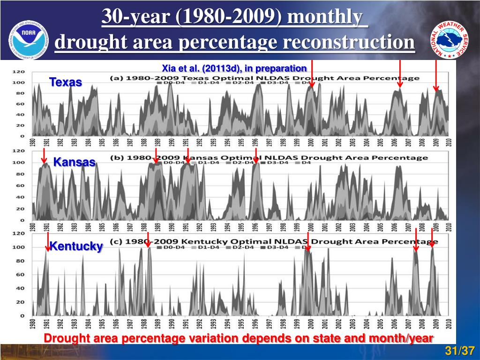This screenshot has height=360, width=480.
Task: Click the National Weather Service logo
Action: (450, 39)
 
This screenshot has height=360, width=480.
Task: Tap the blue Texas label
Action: (66, 82)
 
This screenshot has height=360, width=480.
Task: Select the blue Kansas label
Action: (74, 163)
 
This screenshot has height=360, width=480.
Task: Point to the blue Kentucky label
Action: (76, 246)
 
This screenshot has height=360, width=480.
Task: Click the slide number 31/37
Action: (460, 351)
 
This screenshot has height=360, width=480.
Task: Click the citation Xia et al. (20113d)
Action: (234, 68)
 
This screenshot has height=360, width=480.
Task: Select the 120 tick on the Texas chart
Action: (18, 72)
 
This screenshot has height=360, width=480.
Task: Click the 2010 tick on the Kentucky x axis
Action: (449, 324)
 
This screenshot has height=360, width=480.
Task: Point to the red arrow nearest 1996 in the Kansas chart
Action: (256, 155)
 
